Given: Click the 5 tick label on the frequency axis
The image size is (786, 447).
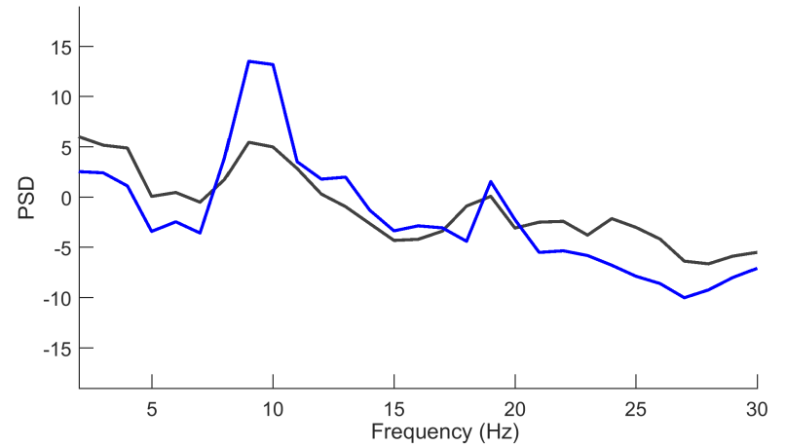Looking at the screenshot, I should [152, 406].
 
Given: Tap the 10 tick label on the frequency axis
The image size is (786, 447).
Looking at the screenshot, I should [273, 406].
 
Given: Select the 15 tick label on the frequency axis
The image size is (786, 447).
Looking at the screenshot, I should [393, 406].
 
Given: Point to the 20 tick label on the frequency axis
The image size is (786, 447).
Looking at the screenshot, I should [515, 406].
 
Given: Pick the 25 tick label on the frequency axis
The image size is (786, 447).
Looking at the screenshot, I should [636, 406].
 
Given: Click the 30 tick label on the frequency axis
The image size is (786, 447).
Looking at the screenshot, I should [757, 406].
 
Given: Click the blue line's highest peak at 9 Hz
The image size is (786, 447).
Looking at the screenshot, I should [249, 61].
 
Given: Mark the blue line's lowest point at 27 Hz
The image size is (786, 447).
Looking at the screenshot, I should [685, 297].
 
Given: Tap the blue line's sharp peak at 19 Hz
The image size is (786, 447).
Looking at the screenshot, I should [491, 182].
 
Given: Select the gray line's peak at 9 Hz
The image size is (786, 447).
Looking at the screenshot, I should [249, 142].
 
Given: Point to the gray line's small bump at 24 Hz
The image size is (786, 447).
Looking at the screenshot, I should [612, 218].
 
